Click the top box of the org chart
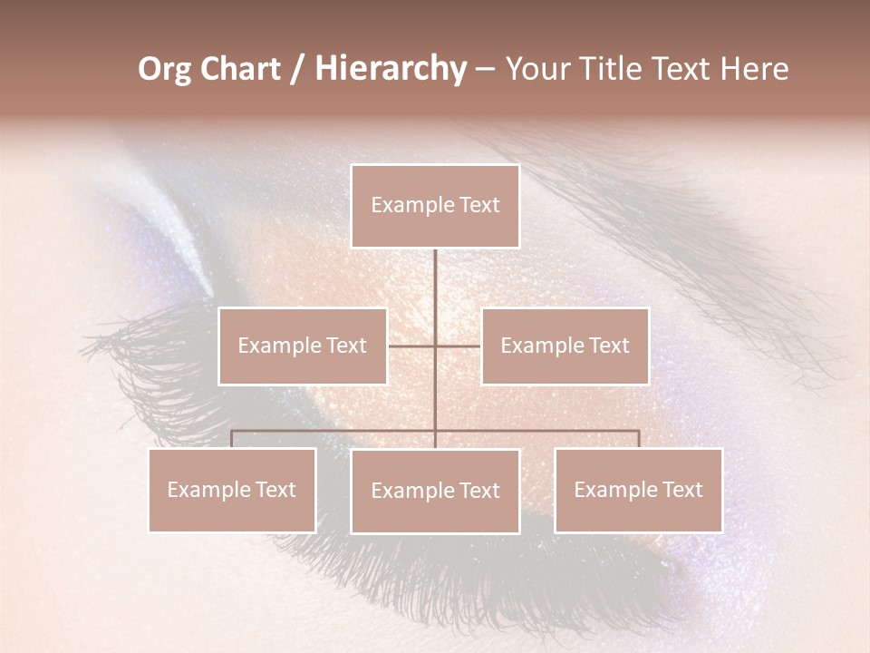pyautogui.click(x=435, y=206)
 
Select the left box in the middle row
pyautogui.click(x=303, y=346)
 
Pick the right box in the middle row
pyautogui.click(x=565, y=346)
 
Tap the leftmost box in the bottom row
pyautogui.click(x=232, y=490)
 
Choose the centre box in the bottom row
pyautogui.click(x=435, y=491)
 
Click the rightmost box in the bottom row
pyautogui.click(x=638, y=490)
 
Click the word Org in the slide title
pyautogui.click(x=164, y=69)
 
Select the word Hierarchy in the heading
pyautogui.click(x=391, y=69)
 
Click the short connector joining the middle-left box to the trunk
pyautogui.click(x=411, y=346)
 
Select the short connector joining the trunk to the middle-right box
pyautogui.click(x=458, y=346)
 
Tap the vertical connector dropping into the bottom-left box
pyautogui.click(x=232, y=439)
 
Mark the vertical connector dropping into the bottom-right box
pyautogui.click(x=639, y=439)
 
